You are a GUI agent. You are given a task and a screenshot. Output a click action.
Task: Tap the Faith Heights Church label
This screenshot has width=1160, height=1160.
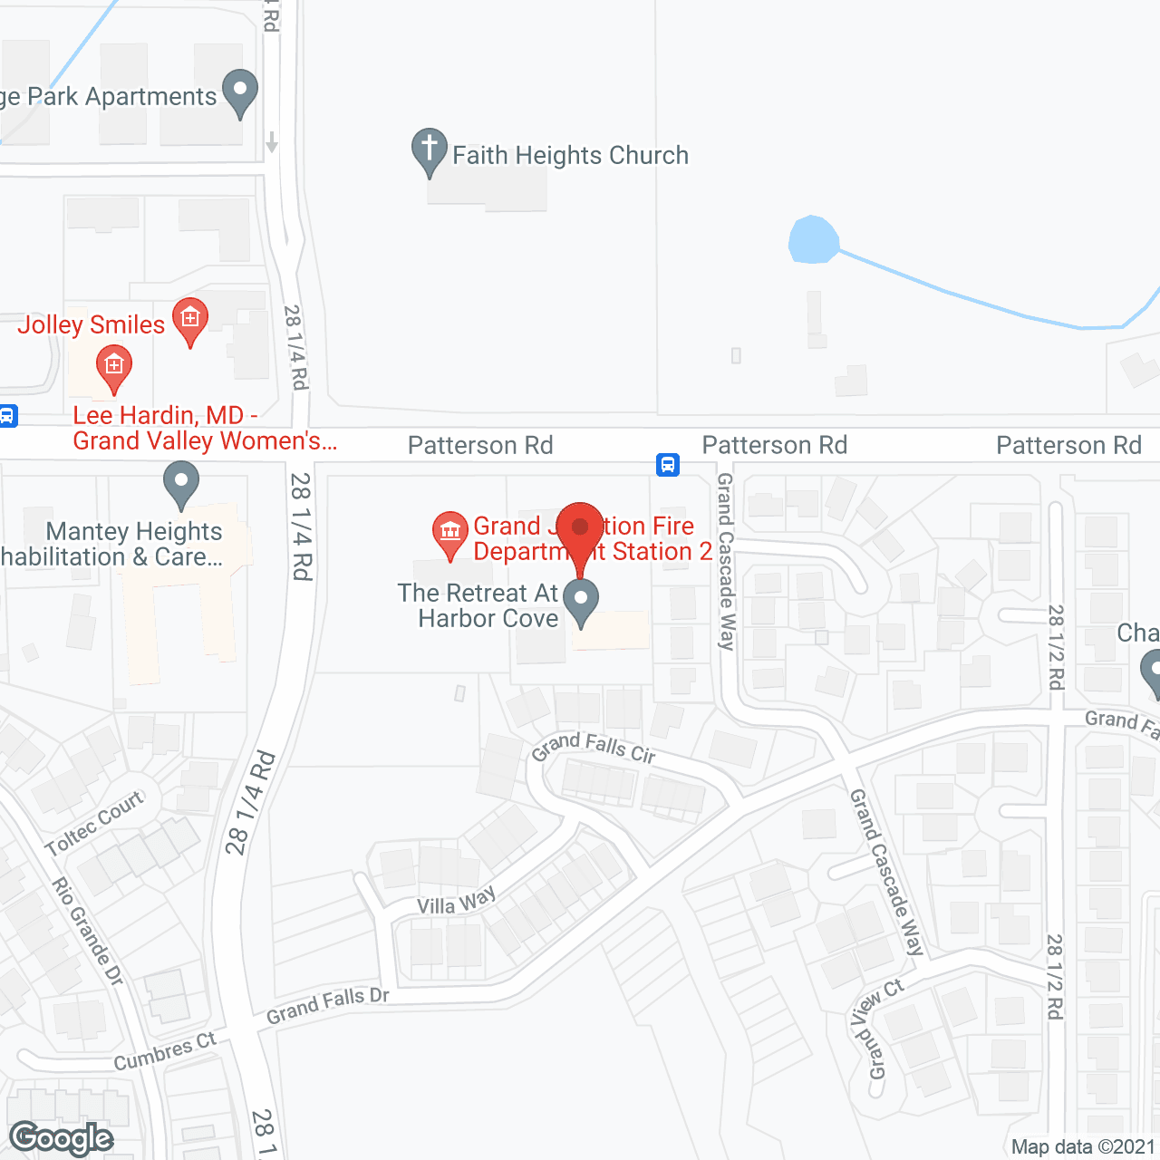(x=570, y=156)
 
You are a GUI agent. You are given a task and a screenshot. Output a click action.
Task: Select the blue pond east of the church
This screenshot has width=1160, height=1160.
(x=812, y=240)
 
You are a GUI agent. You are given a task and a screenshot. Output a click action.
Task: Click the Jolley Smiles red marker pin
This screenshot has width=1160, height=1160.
(x=190, y=319)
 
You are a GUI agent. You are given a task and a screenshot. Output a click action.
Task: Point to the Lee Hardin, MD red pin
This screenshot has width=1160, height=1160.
(x=114, y=367)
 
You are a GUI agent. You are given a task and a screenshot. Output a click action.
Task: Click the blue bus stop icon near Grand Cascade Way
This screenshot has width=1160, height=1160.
(x=668, y=465)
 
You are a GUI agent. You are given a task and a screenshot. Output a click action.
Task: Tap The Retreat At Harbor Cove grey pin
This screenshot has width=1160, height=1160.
(x=581, y=601)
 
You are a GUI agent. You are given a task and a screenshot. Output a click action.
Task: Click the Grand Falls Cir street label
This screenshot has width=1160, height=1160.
(x=594, y=748)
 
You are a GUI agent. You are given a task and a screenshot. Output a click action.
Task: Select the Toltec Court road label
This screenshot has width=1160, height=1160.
(x=94, y=823)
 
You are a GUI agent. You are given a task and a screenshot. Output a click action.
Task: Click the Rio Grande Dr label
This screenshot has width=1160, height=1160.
(x=87, y=931)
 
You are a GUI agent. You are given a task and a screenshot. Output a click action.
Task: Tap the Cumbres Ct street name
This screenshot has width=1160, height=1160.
(x=165, y=1051)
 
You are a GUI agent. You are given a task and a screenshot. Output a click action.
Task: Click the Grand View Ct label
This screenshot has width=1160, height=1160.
(x=876, y=1029)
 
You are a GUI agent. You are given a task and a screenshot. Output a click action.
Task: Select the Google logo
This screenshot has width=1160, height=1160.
(x=62, y=1138)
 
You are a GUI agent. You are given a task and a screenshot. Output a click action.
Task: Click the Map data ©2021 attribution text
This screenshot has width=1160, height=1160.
(x=1083, y=1146)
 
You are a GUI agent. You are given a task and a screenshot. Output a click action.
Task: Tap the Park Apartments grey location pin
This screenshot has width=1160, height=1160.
(x=240, y=91)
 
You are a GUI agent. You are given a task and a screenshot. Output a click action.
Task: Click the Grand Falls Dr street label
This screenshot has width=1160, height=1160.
(x=328, y=1006)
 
